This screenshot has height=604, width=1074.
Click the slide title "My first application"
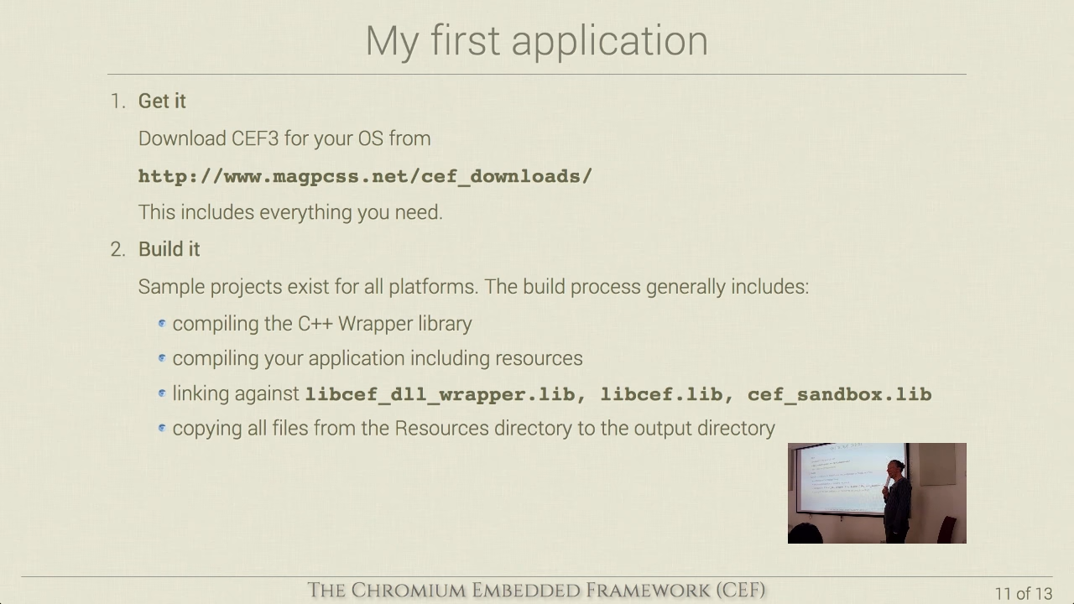click(x=536, y=42)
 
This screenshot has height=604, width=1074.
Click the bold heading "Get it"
click(x=162, y=102)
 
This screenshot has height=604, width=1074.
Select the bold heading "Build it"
click(x=169, y=249)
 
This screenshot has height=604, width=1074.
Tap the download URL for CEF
click(x=365, y=176)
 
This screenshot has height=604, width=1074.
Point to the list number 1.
click(x=118, y=102)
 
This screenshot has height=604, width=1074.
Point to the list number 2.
click(x=118, y=249)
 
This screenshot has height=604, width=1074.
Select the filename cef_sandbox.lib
click(x=840, y=394)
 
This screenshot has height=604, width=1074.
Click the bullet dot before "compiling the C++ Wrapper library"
click(x=162, y=324)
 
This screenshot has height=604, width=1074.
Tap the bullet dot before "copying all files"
click(x=162, y=428)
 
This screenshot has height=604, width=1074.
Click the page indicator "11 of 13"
click(x=1024, y=593)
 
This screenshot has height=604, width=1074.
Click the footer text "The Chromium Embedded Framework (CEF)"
click(x=536, y=590)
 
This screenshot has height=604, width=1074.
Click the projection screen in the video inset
click(x=847, y=478)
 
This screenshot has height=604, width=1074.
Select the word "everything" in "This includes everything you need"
click(x=305, y=212)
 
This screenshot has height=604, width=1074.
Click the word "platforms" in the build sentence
click(x=433, y=287)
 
